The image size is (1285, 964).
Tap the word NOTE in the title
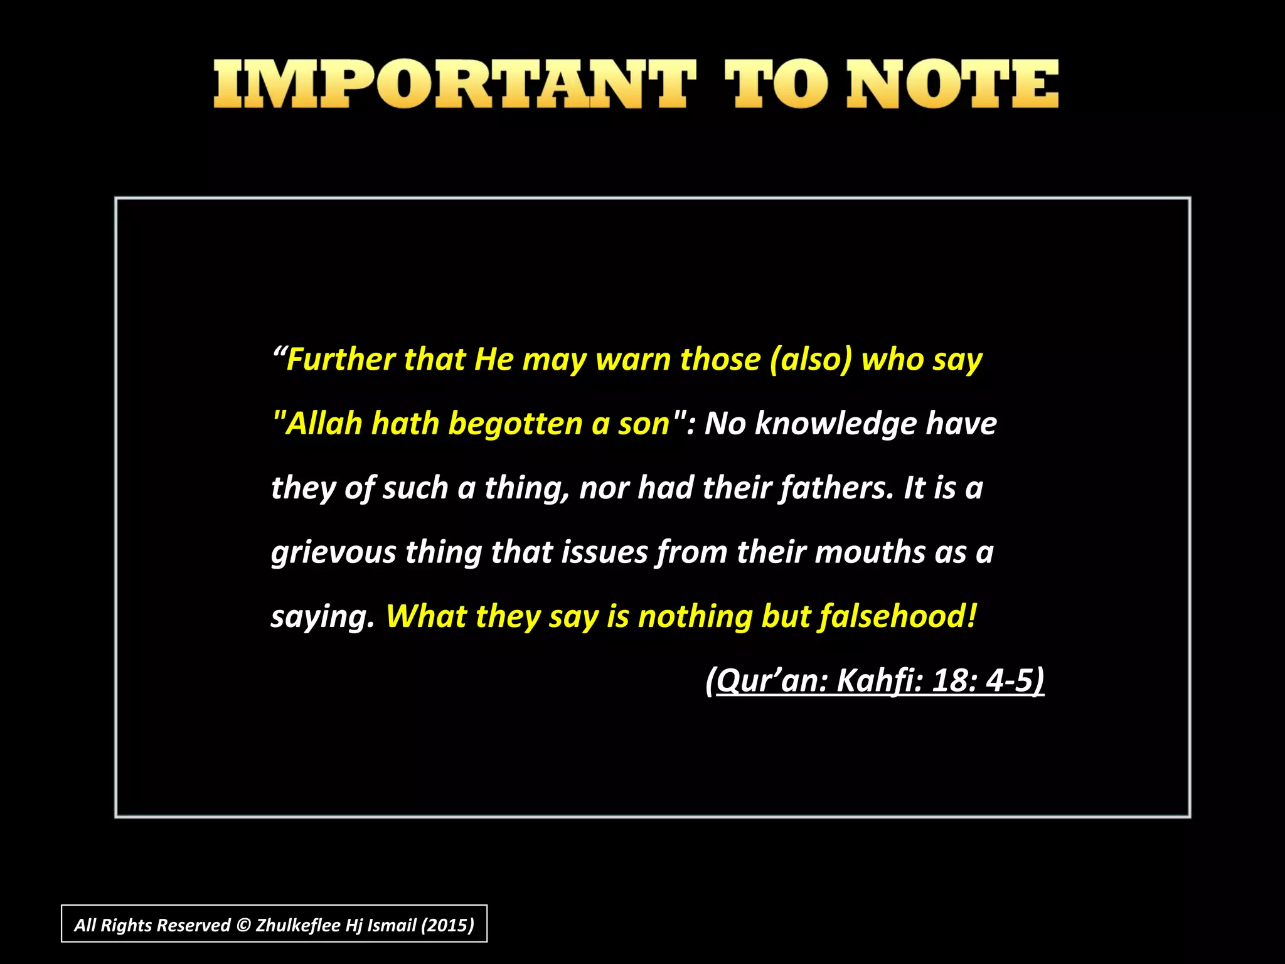pyautogui.click(x=952, y=84)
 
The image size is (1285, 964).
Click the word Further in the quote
pyautogui.click(x=341, y=360)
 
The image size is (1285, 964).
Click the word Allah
pyautogui.click(x=324, y=424)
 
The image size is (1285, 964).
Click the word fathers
pyautogui.click(x=836, y=488)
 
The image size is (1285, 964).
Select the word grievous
pyautogui.click(x=333, y=553)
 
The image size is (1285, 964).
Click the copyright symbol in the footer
pyautogui.click(x=243, y=925)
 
